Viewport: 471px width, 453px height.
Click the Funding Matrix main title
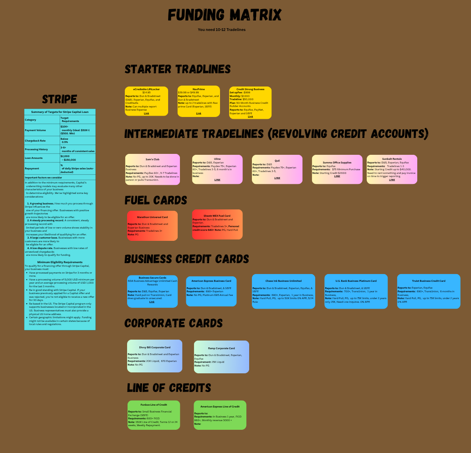click(225, 15)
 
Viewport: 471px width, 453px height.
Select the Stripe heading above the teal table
click(60, 99)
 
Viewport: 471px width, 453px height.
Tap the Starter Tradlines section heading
click(178, 69)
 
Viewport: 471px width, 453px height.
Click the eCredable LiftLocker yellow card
click(146, 101)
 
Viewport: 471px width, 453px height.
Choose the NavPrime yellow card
click(199, 101)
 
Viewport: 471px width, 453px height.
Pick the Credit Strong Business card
click(250, 102)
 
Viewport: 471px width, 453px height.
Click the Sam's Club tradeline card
click(153, 169)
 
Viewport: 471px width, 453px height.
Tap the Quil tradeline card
click(277, 169)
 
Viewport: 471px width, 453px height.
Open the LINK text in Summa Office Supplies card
click(337, 176)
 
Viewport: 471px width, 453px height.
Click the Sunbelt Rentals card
click(392, 169)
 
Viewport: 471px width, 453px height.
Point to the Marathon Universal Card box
click(152, 225)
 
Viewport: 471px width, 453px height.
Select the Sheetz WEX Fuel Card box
click(217, 224)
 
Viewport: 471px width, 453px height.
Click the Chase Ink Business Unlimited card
click(283, 291)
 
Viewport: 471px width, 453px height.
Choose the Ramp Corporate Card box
click(221, 356)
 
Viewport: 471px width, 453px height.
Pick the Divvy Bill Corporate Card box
click(154, 356)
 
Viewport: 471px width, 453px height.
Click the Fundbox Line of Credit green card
click(154, 415)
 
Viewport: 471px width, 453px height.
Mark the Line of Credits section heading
click(169, 388)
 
